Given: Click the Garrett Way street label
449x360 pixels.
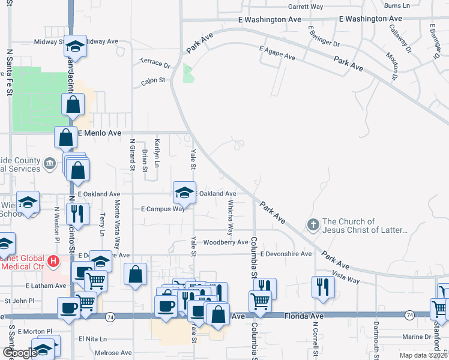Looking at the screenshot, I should (x=306, y=7).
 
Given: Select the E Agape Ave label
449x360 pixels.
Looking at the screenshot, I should (x=277, y=53).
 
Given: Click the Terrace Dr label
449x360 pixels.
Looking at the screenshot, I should (x=155, y=62).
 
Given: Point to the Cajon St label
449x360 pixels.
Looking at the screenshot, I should (x=153, y=80).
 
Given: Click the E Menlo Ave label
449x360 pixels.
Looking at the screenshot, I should (x=100, y=133).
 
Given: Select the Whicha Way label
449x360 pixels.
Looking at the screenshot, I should (x=231, y=217).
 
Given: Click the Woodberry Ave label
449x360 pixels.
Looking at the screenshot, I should (x=225, y=242).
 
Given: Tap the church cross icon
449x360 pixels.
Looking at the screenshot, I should (x=312, y=225).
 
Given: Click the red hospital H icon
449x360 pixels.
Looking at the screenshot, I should (x=53, y=262).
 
